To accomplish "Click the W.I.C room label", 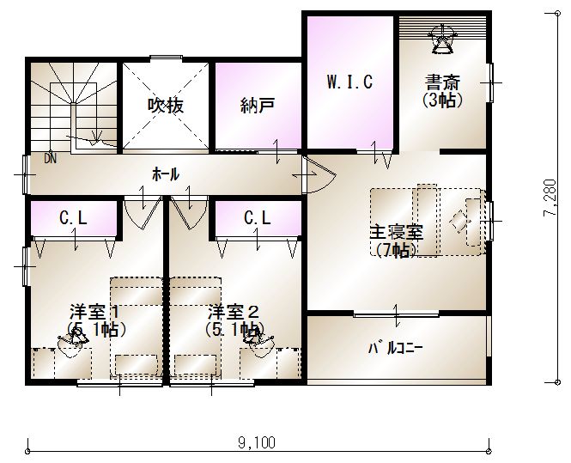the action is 349,82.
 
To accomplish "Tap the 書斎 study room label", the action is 443,82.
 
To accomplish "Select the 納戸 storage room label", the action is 257,106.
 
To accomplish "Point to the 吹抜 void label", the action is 166,106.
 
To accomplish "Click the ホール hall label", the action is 166,174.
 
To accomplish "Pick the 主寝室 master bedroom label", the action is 397,233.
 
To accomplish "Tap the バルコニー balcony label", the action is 396,349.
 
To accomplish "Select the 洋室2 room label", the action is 234,313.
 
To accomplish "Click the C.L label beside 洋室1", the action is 73,218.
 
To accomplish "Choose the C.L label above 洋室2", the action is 258,218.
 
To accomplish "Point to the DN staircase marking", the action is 51,159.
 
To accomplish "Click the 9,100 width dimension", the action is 257,443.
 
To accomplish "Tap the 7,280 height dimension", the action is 550,198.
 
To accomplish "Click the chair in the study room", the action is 442,40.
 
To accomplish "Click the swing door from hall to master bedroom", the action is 319,175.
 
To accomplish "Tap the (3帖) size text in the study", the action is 443,100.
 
